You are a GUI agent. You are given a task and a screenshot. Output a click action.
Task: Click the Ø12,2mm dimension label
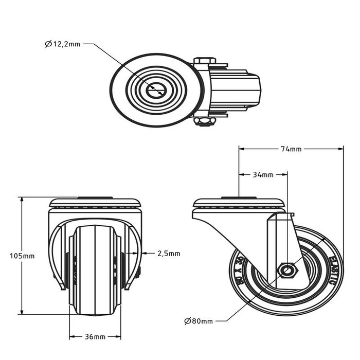coord(62,44)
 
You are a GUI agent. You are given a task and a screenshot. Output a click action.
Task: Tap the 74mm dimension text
coord(291,149)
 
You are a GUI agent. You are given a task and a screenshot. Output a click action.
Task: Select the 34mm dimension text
coord(263,175)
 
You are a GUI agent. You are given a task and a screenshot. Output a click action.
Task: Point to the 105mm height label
coord(22,256)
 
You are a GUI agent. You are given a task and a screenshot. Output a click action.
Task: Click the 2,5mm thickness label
coord(169,253)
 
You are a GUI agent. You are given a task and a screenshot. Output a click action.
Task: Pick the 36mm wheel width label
coord(95,337)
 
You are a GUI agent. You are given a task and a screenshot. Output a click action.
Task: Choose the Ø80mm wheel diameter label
coord(198,321)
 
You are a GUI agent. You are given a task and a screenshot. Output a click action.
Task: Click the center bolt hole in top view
coord(155,91)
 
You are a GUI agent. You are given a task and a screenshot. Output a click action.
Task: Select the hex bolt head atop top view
coord(205,61)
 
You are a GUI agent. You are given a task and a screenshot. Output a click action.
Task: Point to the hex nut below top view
coord(205,121)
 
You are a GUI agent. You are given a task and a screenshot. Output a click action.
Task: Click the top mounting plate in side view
coord(239,203)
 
